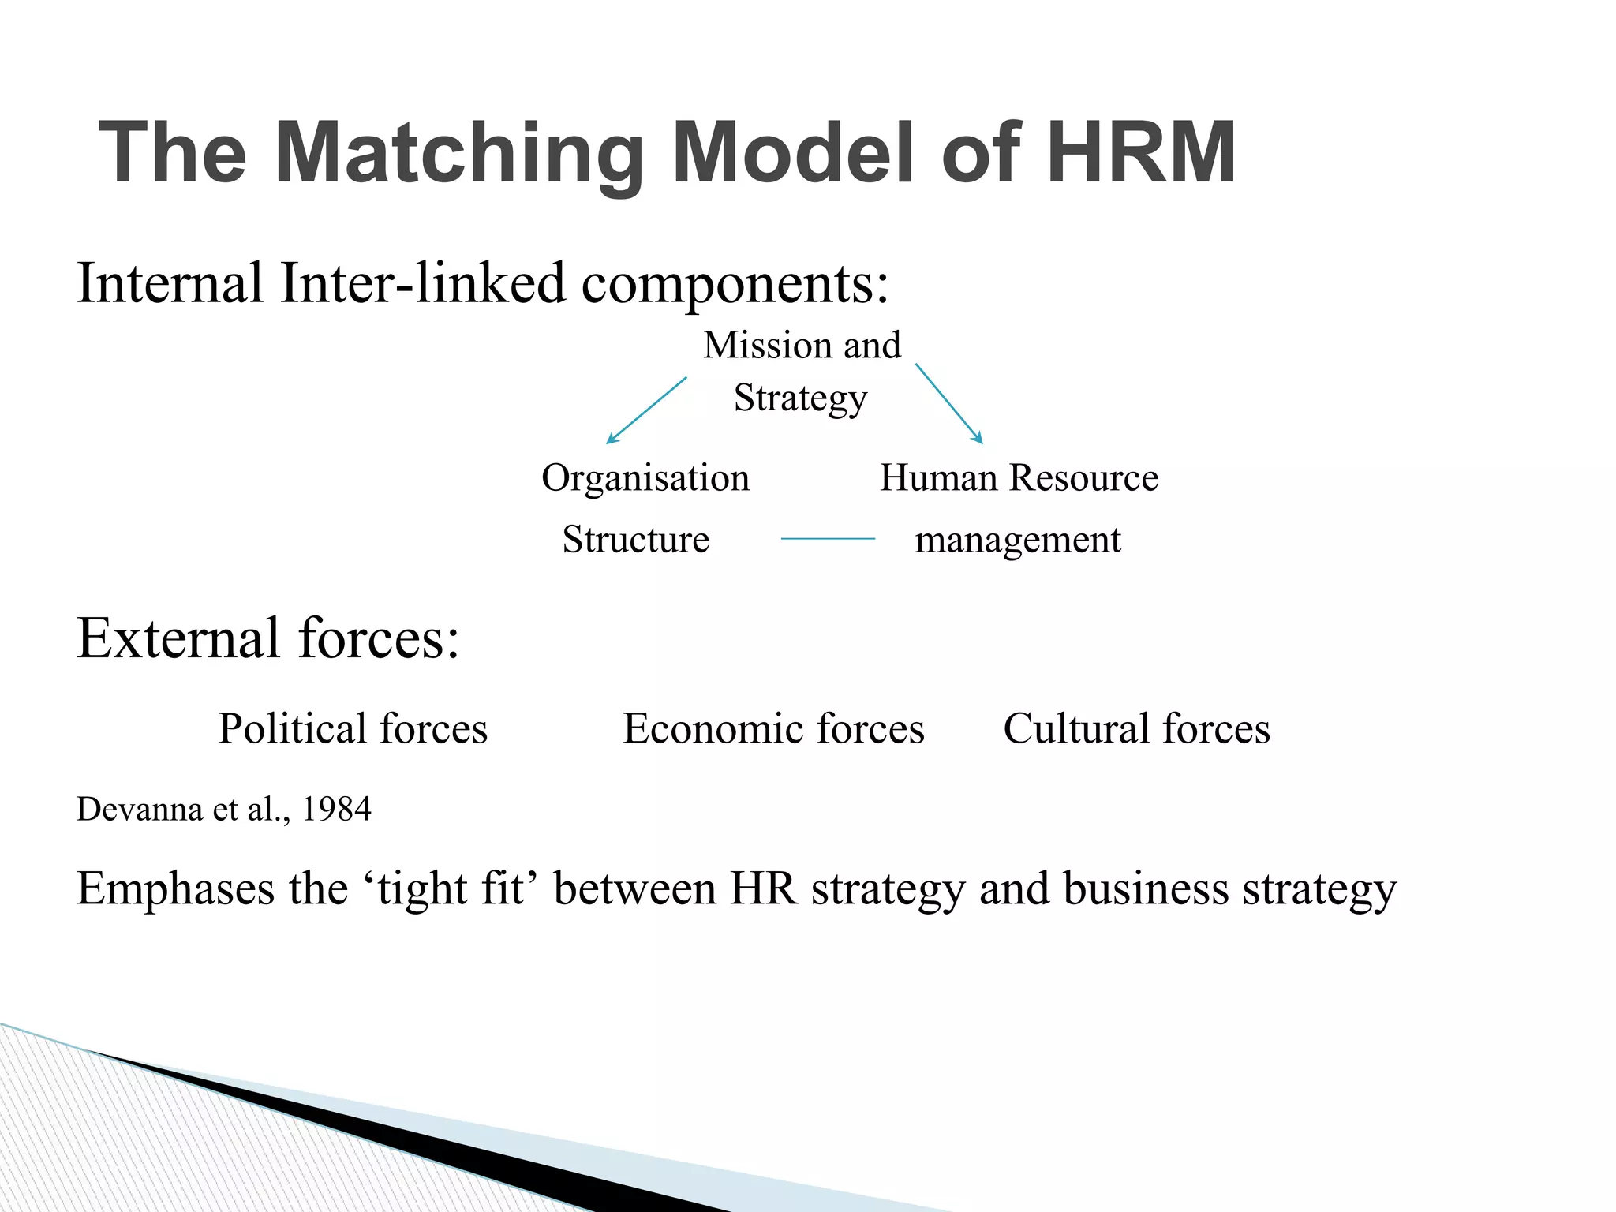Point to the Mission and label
coord(802,346)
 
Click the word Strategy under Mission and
coord(800,398)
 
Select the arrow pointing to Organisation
coord(646,410)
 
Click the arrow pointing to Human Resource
coord(949,403)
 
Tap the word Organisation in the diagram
coord(645,478)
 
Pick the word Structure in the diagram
coord(635,540)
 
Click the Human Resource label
coord(1019,478)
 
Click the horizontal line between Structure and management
coord(828,539)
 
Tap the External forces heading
coord(268,638)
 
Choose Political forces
coord(353,728)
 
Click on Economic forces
coord(773,728)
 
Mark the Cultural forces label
coord(1136,728)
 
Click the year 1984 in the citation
coord(336,810)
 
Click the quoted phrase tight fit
coord(451,890)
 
